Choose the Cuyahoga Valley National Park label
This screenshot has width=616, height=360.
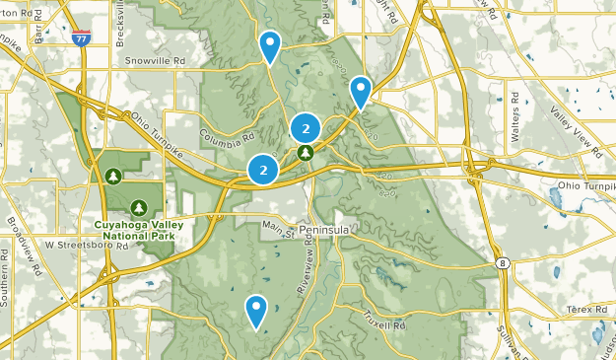(138, 232)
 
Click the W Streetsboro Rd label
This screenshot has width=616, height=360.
(86, 246)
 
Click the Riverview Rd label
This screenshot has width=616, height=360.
(308, 270)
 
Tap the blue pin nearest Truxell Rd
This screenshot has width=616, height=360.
(257, 311)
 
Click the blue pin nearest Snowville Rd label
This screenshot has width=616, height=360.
(269, 45)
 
